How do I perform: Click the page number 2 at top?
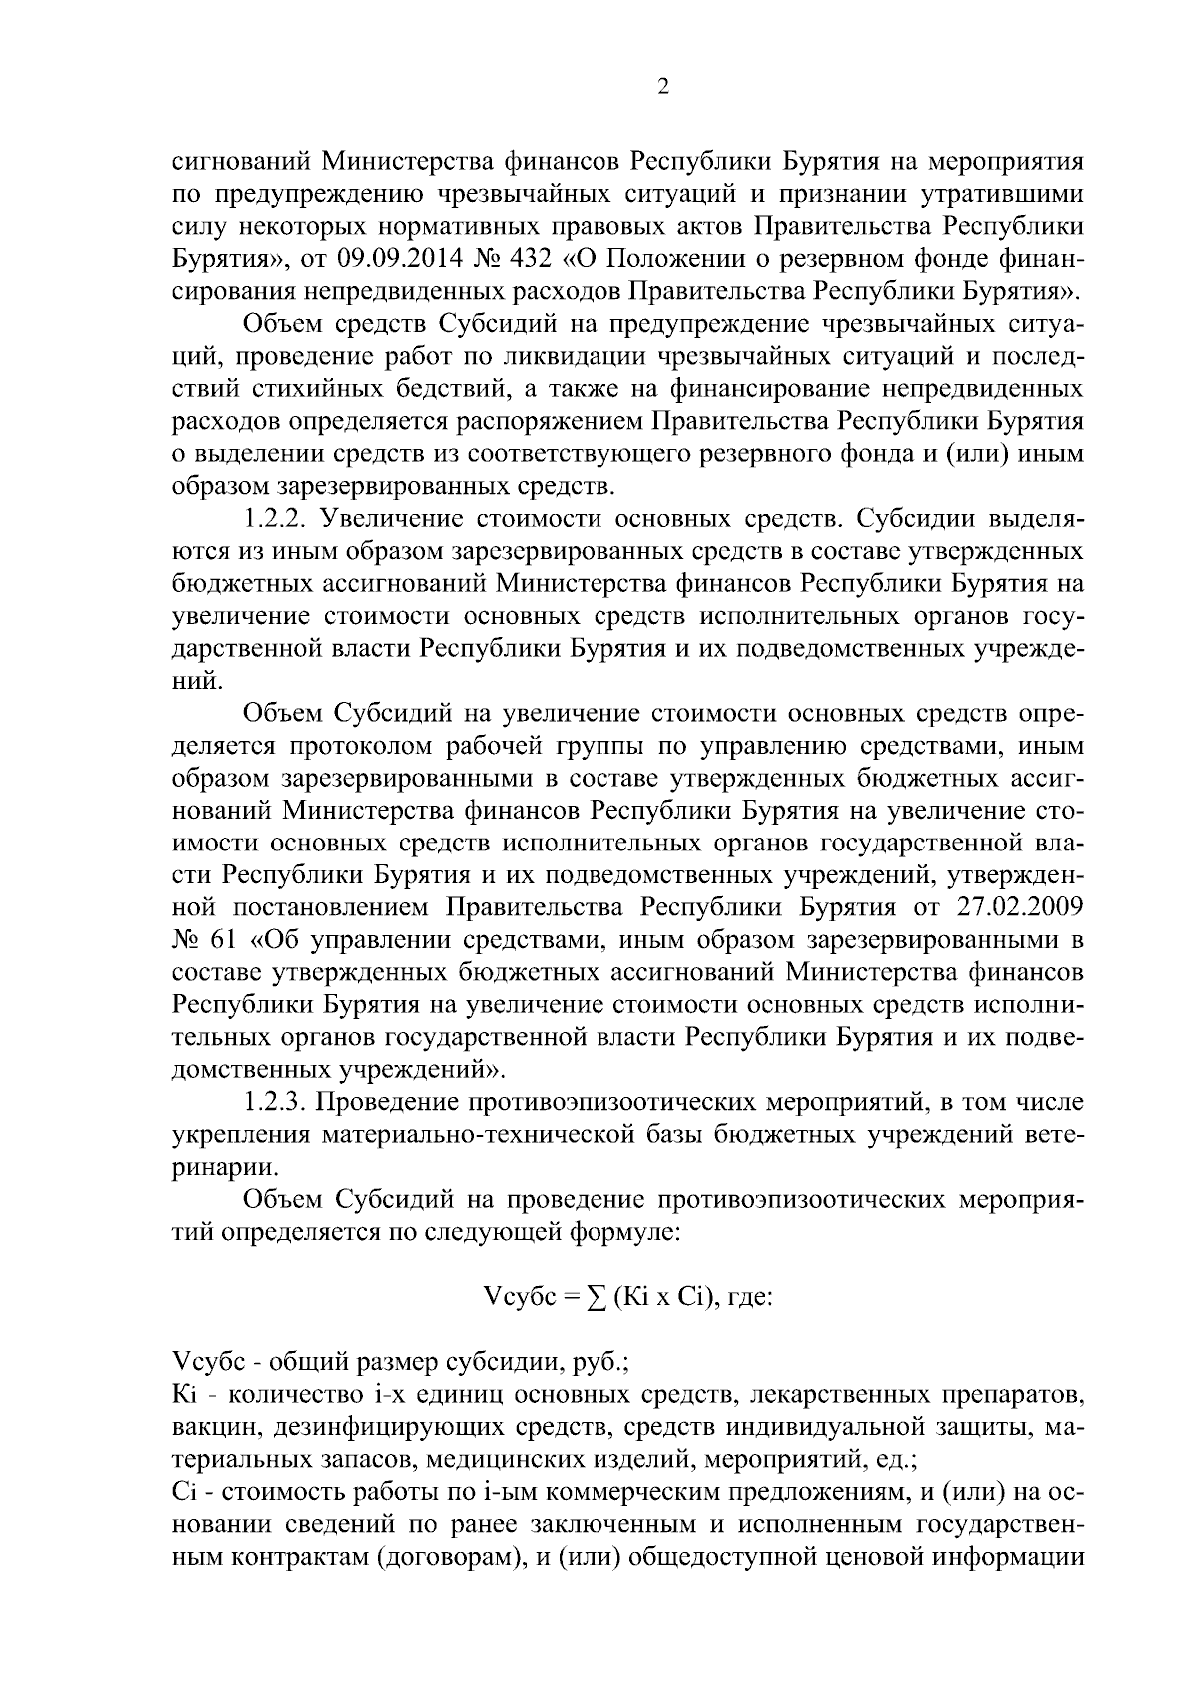coord(663,87)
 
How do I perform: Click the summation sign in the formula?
coord(598,1297)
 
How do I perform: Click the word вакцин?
coord(212,1427)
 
